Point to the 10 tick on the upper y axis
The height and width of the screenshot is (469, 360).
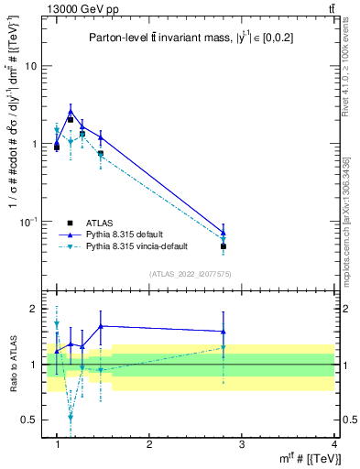tap(34, 66)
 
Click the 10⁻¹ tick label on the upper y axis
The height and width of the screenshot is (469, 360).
tap(31, 222)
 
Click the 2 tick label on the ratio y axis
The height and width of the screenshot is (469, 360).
tap(37, 309)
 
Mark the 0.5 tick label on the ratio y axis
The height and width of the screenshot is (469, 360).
tap(33, 420)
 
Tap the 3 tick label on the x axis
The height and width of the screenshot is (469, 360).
tap(241, 444)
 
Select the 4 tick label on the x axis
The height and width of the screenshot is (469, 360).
tap(333, 444)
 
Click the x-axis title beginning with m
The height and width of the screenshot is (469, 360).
tap(306, 459)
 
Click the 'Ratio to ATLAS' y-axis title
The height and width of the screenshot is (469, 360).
tap(11, 365)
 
